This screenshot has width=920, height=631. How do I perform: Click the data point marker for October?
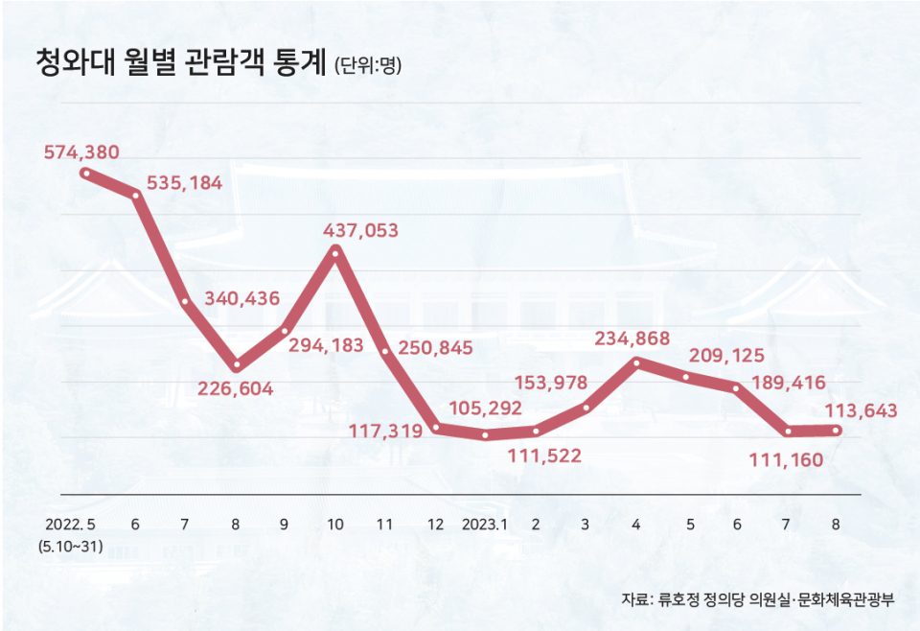[x=335, y=251]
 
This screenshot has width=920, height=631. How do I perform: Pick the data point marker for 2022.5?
[x=86, y=174]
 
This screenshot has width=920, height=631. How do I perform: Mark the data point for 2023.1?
[x=486, y=434]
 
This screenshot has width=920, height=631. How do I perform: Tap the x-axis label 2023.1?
[x=485, y=525]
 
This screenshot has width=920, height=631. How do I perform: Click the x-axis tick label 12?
[x=436, y=525]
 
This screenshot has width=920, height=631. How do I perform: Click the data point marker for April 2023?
[x=636, y=362]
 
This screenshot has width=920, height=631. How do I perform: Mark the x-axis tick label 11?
[x=384, y=525]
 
